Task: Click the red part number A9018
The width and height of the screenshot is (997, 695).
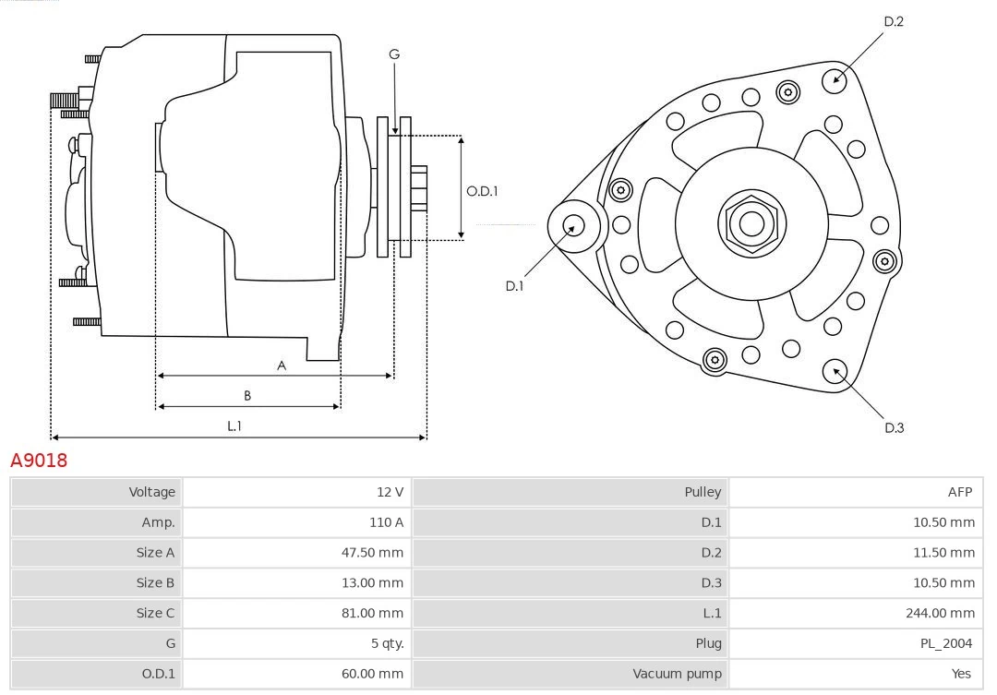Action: (39, 460)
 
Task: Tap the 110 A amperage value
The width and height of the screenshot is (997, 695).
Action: (386, 522)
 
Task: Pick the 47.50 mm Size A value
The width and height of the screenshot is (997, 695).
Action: (372, 553)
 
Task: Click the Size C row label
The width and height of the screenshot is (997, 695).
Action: (155, 613)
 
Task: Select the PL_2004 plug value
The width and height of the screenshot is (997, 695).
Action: (944, 643)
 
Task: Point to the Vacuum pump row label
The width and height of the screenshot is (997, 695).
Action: (677, 674)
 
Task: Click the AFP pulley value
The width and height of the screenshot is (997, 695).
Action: (959, 492)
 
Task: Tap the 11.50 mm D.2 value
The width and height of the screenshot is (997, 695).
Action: (943, 553)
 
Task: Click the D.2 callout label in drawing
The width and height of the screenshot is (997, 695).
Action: (894, 21)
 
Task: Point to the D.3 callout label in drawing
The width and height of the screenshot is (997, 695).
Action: (894, 427)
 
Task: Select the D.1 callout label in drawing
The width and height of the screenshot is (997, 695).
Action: (514, 286)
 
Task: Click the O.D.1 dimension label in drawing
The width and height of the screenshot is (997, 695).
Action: (482, 191)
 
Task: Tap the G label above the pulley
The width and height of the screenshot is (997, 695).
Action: (394, 54)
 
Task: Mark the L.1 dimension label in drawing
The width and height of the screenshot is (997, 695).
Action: (234, 425)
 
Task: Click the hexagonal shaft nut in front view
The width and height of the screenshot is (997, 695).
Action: (751, 223)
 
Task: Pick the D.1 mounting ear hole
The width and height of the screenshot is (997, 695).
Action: (573, 224)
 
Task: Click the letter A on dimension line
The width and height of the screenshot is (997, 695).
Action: (282, 365)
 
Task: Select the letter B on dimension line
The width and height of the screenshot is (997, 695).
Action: (247, 396)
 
